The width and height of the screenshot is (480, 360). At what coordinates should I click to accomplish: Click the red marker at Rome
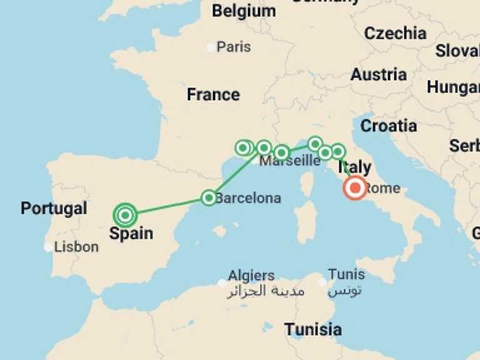point(356,187)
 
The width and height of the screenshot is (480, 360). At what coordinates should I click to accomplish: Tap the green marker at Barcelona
point(209,197)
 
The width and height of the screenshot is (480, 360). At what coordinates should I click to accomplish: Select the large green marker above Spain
point(126,215)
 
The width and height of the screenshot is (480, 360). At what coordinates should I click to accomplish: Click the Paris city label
point(234,47)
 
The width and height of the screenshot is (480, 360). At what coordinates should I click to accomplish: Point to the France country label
point(213,94)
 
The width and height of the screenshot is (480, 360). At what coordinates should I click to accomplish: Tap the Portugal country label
point(54,208)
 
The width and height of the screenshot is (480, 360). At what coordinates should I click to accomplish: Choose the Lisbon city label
point(76,247)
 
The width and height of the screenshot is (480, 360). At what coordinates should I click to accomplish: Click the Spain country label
point(131,234)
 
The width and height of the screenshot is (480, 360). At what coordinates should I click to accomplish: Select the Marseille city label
point(290,161)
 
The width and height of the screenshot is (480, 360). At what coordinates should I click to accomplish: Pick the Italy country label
point(354,167)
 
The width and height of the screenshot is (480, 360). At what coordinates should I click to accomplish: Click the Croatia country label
point(389,126)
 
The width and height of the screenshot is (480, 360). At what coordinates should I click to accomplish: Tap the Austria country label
point(378,74)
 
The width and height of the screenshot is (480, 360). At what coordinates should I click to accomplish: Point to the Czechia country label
point(395,33)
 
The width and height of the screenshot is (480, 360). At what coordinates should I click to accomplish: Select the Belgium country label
point(244,11)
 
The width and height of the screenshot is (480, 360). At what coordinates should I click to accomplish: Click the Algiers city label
point(251,275)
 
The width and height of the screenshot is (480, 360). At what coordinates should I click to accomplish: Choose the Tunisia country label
point(313,329)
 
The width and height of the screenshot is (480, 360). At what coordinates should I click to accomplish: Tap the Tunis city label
point(346,274)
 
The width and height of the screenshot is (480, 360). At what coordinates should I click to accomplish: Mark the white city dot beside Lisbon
point(48,247)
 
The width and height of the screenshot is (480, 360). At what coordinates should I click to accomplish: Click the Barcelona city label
point(248,198)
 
